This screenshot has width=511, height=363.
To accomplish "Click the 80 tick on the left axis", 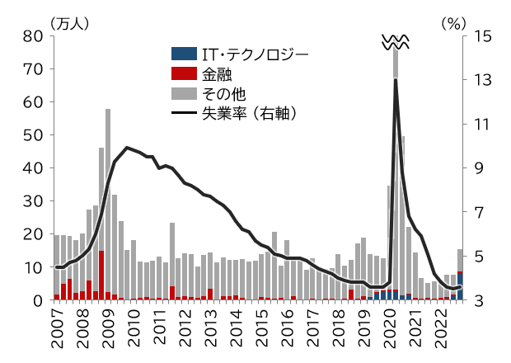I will (34, 36).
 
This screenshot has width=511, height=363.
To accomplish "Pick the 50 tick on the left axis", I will (34, 135).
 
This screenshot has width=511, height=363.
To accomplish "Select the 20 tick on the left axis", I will (34, 234).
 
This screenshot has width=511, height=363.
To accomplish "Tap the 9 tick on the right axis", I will (476, 168).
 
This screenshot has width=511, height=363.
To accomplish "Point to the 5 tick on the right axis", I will (476, 257).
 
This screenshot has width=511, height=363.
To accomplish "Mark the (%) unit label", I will (453, 22).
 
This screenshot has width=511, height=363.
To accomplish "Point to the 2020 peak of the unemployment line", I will (396, 79).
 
